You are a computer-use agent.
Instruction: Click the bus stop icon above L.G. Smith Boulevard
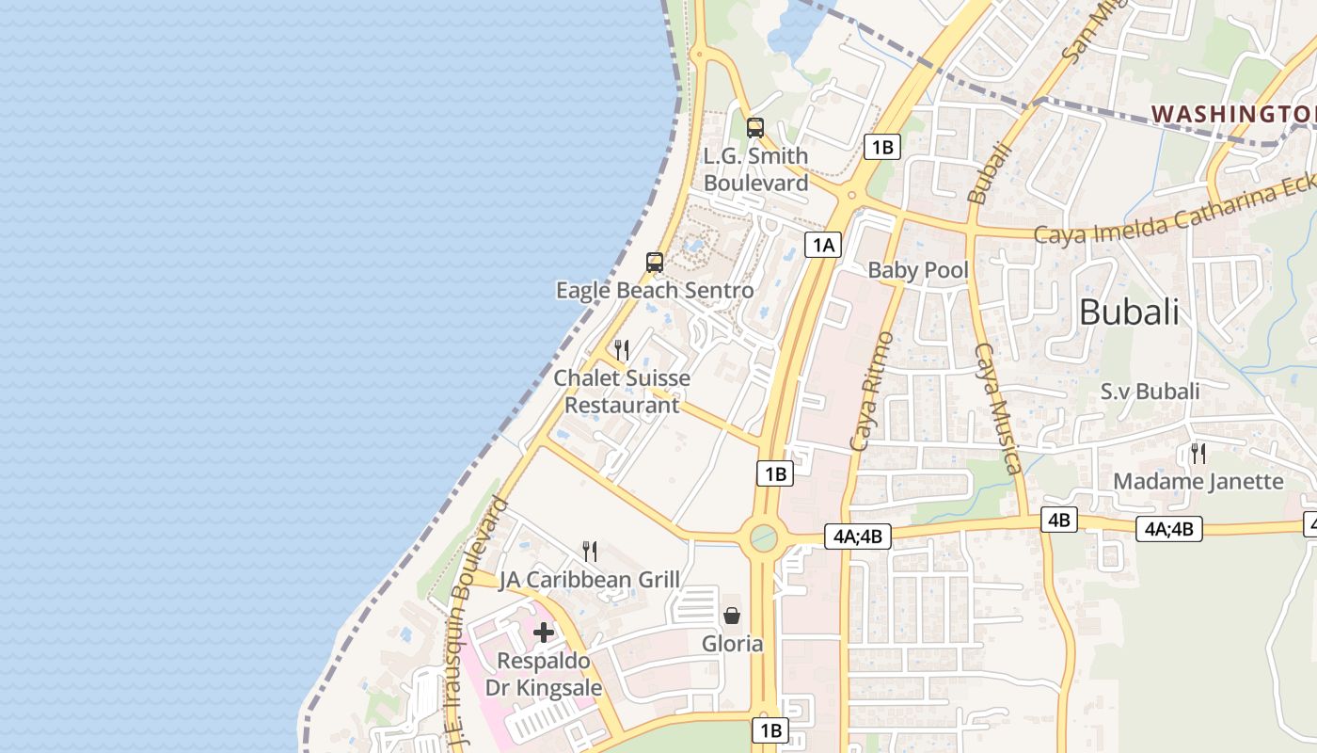(x=754, y=127)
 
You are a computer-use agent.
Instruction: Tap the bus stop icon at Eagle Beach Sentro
(x=655, y=263)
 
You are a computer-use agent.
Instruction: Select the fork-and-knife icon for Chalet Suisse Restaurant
(x=622, y=350)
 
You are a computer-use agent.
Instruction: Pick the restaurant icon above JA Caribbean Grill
(x=590, y=551)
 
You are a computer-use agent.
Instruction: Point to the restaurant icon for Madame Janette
(x=1198, y=453)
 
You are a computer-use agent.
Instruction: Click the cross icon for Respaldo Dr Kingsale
(x=544, y=633)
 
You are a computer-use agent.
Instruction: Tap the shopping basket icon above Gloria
(x=732, y=616)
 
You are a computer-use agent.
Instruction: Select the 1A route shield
(x=823, y=245)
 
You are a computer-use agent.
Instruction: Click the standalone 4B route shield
(x=1058, y=519)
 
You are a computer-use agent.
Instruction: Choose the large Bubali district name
(x=1128, y=312)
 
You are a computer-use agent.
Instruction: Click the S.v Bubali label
(x=1150, y=392)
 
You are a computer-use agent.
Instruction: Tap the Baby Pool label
(x=917, y=270)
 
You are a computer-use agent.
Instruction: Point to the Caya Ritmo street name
(x=871, y=390)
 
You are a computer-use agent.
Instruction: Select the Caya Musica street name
(x=998, y=408)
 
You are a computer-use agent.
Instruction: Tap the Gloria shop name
(x=732, y=644)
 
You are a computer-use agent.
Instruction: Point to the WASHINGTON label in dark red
(x=1233, y=114)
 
